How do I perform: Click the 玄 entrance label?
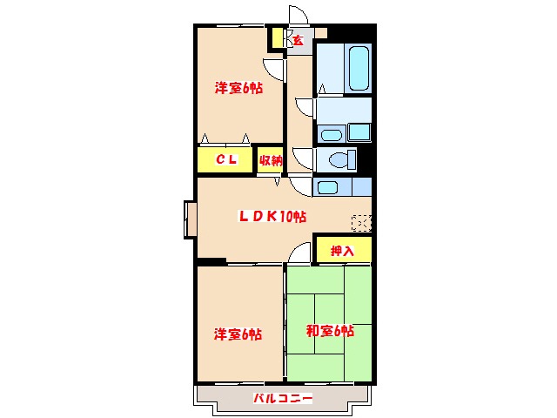pyautogui.click(x=298, y=40)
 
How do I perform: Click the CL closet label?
pyautogui.click(x=226, y=160)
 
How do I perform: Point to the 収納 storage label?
pyautogui.click(x=271, y=160)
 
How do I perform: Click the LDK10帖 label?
pyautogui.click(x=272, y=217)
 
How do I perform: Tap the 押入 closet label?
pyautogui.click(x=342, y=251)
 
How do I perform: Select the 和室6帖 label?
pyautogui.click(x=329, y=331)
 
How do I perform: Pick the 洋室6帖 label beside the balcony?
pyautogui.click(x=238, y=334)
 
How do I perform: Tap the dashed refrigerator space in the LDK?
pyautogui.click(x=361, y=222)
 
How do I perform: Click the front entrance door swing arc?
pyautogui.click(x=299, y=16)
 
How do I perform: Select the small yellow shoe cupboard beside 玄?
pyautogui.click(x=278, y=38)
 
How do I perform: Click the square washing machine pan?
pyautogui.click(x=359, y=132)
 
